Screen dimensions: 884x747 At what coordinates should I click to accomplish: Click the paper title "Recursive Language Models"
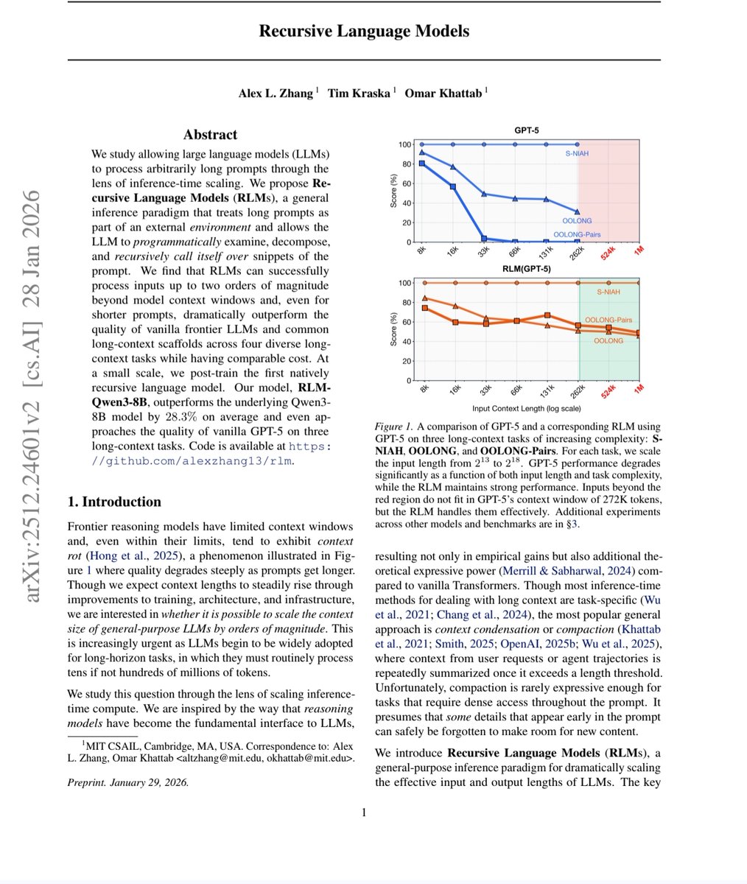[364, 31]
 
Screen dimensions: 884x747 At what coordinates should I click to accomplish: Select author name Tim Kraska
[360, 93]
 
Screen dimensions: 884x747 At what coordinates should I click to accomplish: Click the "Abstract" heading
[210, 134]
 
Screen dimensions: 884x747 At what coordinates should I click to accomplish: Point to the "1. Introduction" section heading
[114, 502]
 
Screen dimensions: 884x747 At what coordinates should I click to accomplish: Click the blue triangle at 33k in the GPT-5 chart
[484, 194]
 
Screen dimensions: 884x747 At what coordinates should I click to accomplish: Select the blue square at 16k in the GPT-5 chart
[453, 186]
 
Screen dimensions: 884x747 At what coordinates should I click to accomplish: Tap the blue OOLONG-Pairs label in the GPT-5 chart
[576, 234]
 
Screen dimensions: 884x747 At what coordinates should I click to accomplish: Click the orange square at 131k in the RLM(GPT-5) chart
[547, 315]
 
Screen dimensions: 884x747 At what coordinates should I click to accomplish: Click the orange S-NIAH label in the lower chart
[608, 292]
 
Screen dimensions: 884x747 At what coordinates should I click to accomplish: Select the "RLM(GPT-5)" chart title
[526, 269]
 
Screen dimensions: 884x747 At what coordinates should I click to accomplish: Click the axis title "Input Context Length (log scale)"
[526, 407]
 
